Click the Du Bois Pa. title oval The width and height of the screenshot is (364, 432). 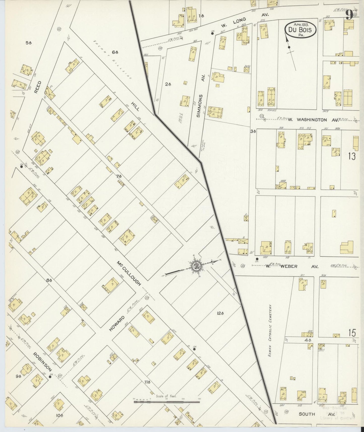click(x=300, y=30)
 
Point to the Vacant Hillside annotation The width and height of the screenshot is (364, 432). click(x=113, y=60)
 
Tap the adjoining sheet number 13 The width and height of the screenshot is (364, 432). click(x=352, y=156)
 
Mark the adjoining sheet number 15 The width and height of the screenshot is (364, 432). click(x=352, y=333)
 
